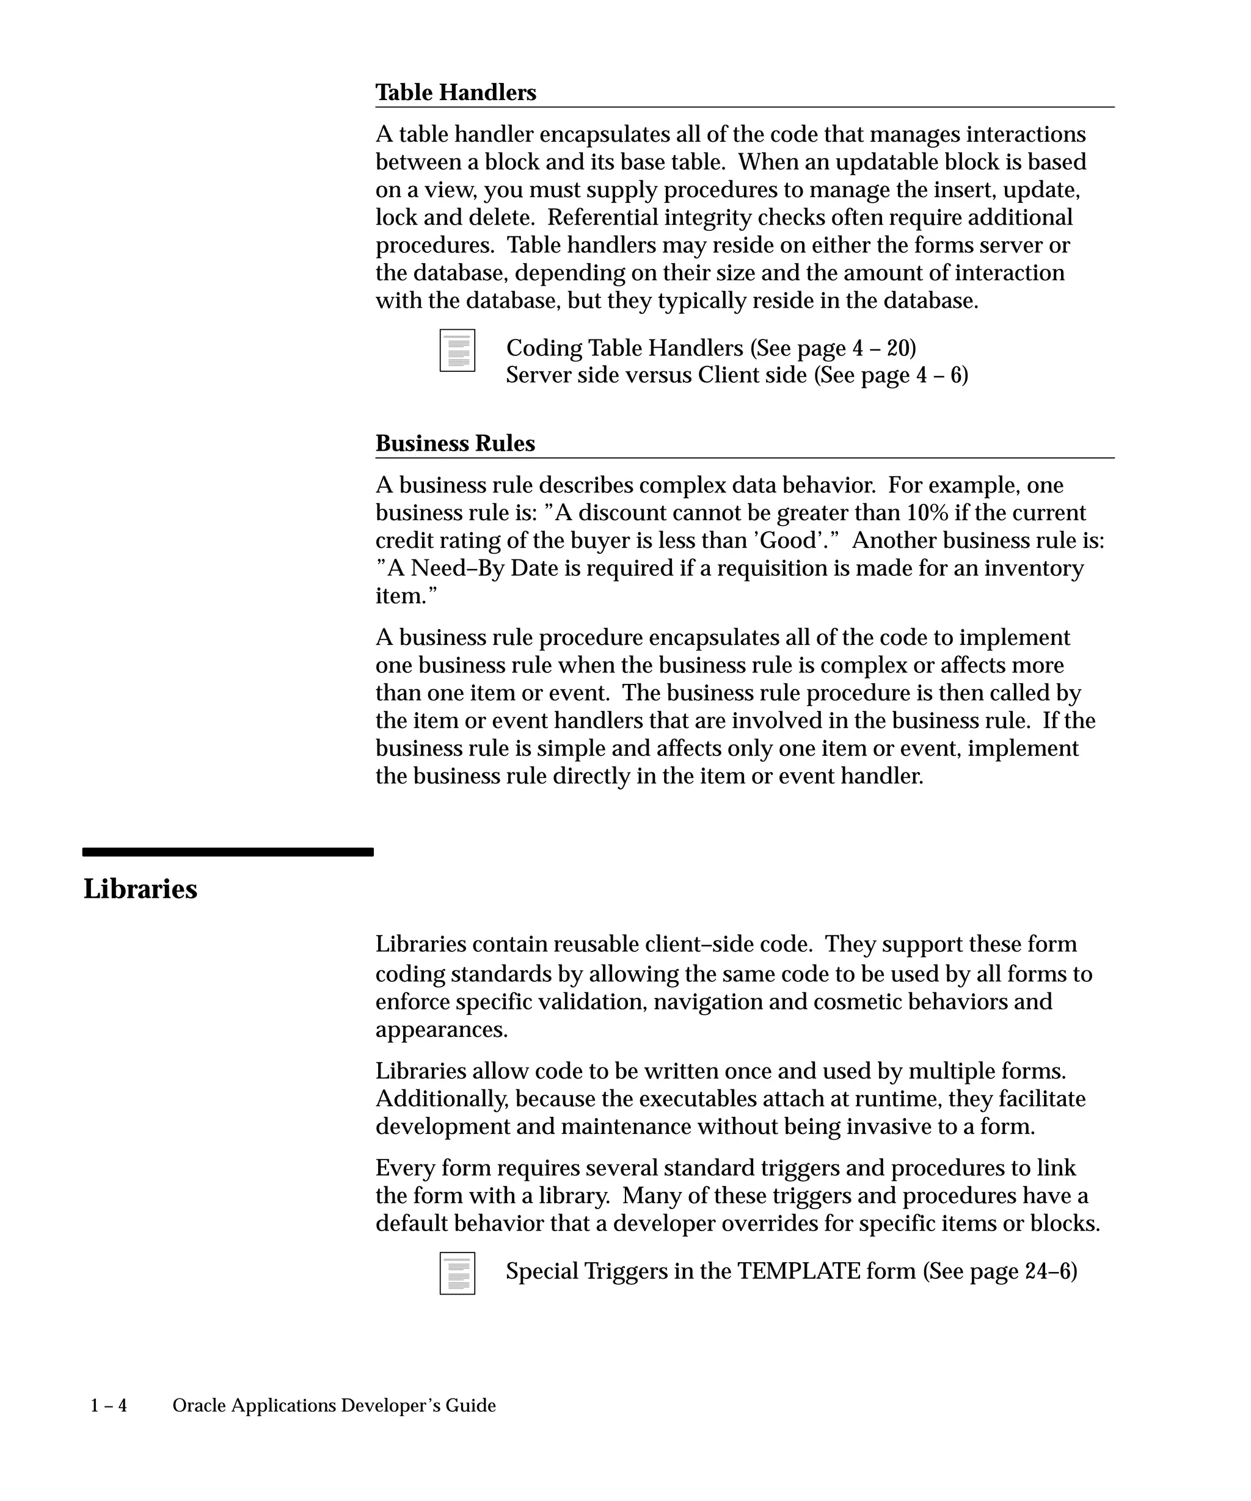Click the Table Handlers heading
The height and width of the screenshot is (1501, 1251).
(x=455, y=93)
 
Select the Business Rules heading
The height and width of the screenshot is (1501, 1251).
(x=454, y=444)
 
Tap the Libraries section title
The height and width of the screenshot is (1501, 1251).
(x=140, y=889)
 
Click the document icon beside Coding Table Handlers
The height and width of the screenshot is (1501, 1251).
(x=457, y=351)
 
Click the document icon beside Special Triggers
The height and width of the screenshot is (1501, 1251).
(x=457, y=1273)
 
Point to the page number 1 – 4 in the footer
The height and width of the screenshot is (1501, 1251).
(x=109, y=1406)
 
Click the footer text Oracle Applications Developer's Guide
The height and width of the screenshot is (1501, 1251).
(x=334, y=1406)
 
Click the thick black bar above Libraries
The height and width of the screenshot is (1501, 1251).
(x=227, y=852)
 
